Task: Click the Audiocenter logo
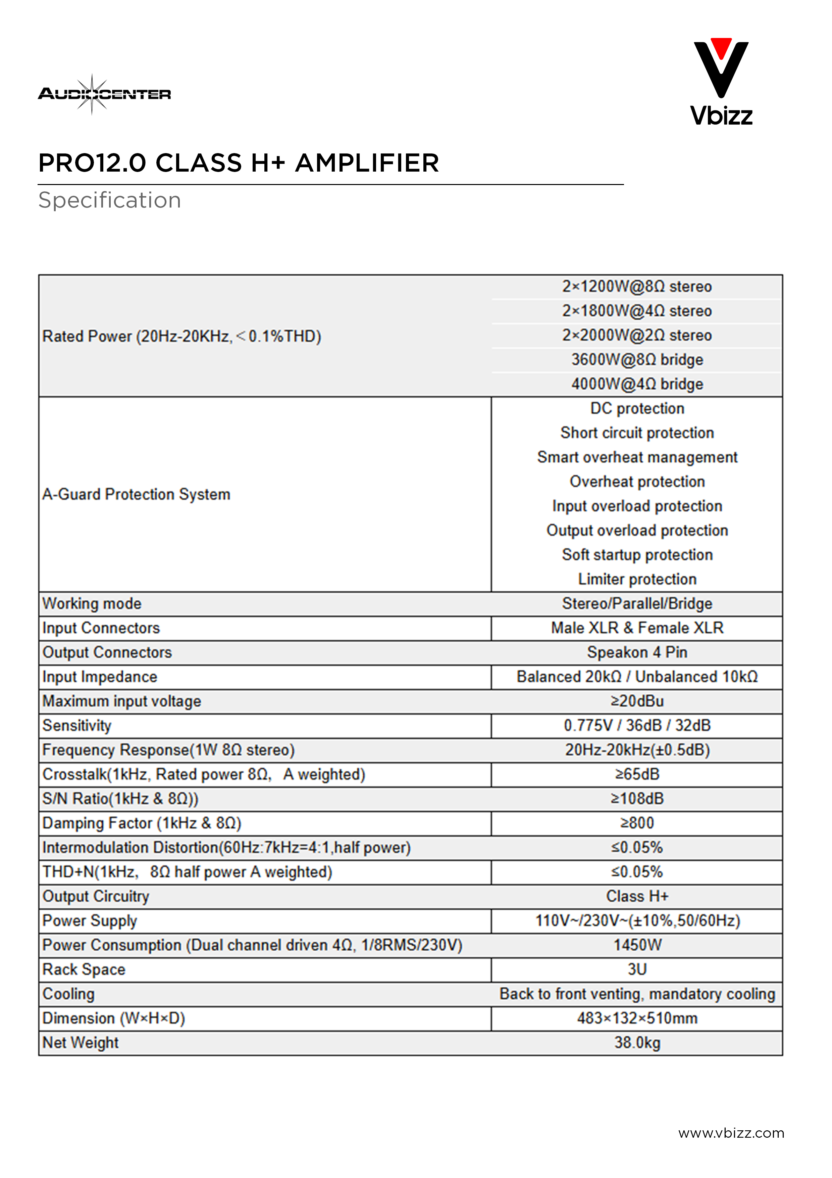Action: tap(105, 94)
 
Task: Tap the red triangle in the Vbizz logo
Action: tap(721, 48)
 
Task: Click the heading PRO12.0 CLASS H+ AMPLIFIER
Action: tap(239, 163)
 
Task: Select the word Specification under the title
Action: tap(110, 200)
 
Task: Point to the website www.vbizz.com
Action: tap(731, 1133)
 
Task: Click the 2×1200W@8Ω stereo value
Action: tap(637, 286)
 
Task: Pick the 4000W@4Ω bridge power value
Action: tap(637, 384)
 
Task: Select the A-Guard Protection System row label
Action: tap(136, 494)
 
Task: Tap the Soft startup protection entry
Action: tap(637, 555)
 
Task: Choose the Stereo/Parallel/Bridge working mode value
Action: tap(637, 603)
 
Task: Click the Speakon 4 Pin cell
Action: tap(637, 652)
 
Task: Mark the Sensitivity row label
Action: tap(77, 725)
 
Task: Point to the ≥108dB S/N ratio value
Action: tap(637, 798)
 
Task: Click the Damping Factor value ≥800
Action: tap(637, 823)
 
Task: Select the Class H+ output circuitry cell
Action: tap(637, 896)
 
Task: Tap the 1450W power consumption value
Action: tap(637, 945)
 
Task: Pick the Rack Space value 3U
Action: tap(637, 969)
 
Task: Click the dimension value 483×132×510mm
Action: tap(637, 1018)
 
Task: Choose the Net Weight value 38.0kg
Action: tap(637, 1043)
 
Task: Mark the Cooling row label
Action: tap(69, 994)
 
